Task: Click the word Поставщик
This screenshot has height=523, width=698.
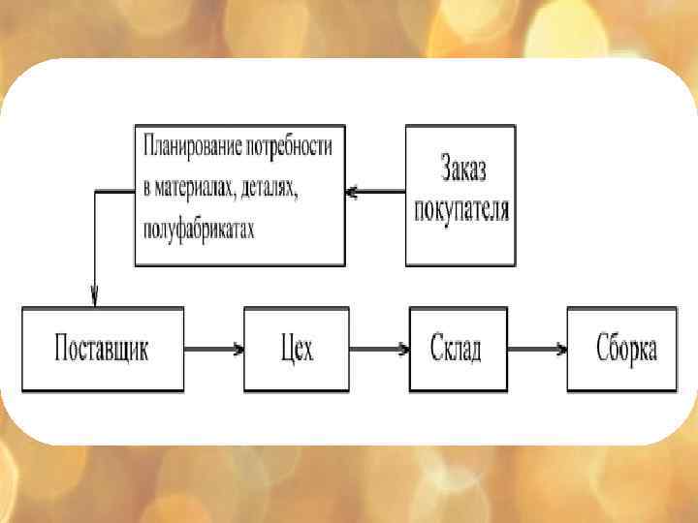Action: click(x=102, y=349)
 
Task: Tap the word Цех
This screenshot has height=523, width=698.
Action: click(x=296, y=349)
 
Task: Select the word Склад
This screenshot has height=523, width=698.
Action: click(x=459, y=349)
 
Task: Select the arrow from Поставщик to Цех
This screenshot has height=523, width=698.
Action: click(x=213, y=349)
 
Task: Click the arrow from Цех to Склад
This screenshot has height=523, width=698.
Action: click(x=378, y=349)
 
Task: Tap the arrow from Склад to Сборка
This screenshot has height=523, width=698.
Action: click(x=537, y=349)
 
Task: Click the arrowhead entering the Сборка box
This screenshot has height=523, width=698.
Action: click(x=561, y=349)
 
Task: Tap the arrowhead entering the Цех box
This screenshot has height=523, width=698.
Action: click(x=238, y=349)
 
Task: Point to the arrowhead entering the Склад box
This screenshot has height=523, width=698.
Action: click(x=403, y=349)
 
